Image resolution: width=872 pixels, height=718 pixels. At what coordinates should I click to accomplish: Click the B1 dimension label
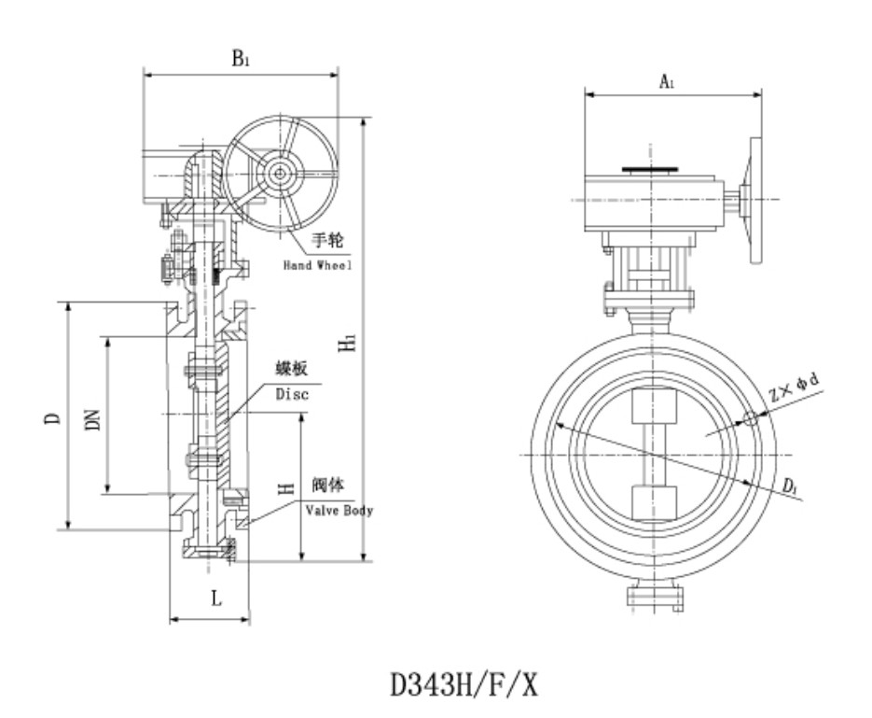pyautogui.click(x=241, y=58)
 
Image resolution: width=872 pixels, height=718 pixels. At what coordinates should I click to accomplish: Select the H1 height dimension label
pyautogui.click(x=348, y=344)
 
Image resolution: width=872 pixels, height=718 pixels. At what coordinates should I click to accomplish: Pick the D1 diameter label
pyautogui.click(x=789, y=486)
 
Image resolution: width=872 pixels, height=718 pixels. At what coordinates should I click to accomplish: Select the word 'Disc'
pyautogui.click(x=291, y=394)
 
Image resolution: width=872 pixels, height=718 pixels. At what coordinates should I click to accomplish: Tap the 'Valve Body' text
pyautogui.click(x=339, y=511)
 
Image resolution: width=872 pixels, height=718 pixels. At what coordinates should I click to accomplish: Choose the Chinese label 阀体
pyautogui.click(x=328, y=486)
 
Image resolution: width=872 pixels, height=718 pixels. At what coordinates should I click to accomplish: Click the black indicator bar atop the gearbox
pyautogui.click(x=650, y=170)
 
